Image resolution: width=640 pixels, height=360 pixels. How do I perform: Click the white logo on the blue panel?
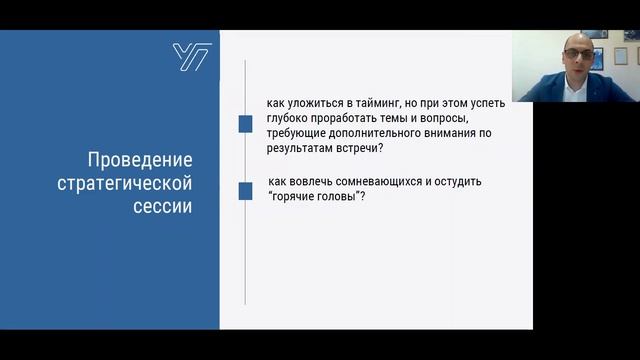pyautogui.click(x=190, y=56)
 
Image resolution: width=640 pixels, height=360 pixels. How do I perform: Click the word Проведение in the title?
pyautogui.click(x=141, y=160)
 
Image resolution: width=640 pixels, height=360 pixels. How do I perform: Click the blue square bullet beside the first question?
pyautogui.click(x=244, y=124)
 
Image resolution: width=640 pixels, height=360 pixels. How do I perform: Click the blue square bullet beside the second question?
pyautogui.click(x=244, y=190)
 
